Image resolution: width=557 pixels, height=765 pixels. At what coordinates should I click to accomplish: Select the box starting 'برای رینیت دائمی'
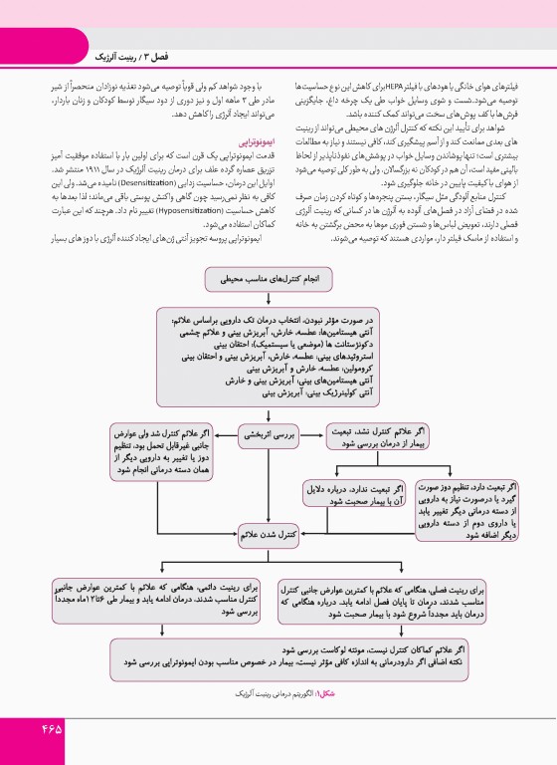[168, 600]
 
